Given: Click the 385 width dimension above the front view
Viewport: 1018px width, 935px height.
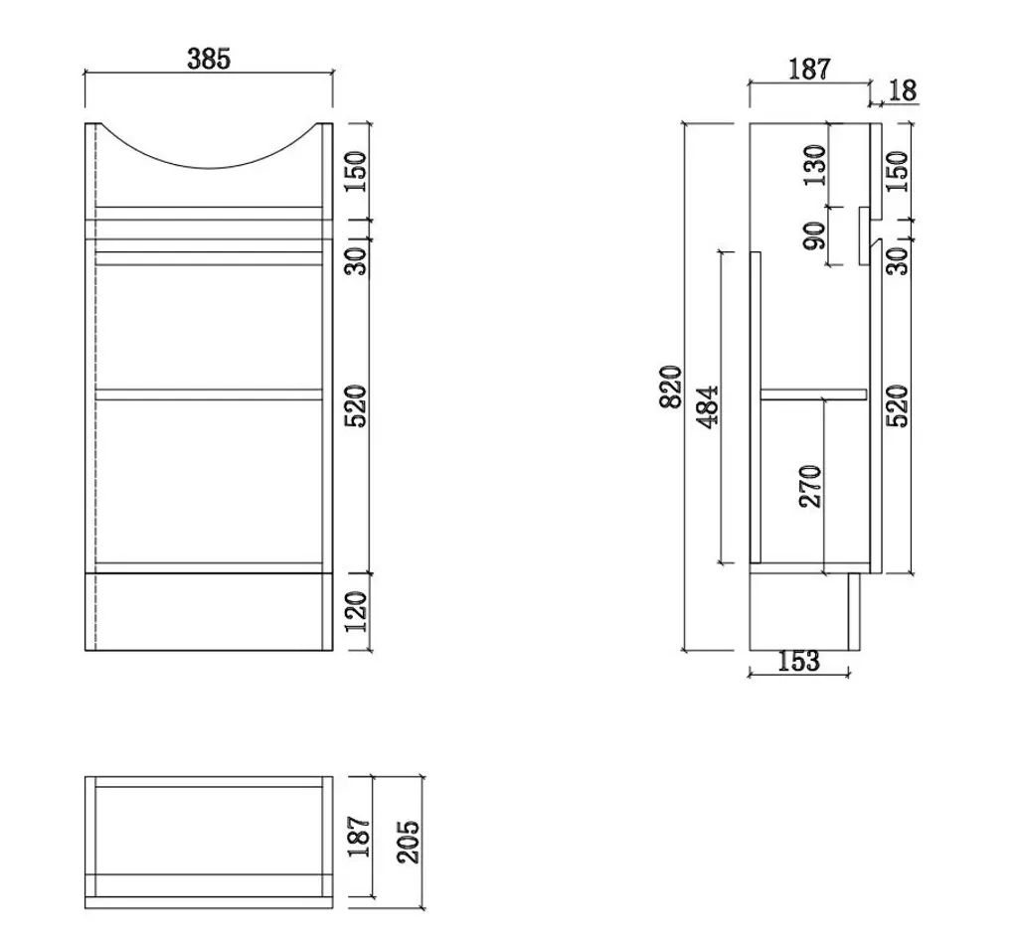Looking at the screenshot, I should (x=209, y=60).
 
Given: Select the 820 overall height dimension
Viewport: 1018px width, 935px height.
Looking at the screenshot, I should (x=673, y=386).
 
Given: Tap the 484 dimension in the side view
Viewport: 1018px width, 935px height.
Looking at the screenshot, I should (x=707, y=405).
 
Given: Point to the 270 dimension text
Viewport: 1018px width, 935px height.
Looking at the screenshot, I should (x=810, y=486).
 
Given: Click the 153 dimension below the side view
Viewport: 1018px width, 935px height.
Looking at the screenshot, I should (x=798, y=661).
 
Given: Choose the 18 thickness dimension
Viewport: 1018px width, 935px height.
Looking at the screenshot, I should (x=902, y=91).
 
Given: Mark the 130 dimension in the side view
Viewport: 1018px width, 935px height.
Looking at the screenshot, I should (x=814, y=166).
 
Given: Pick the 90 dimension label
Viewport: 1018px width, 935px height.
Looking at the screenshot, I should (x=814, y=236).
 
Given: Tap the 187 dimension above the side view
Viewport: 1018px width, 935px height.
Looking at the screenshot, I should (x=809, y=70).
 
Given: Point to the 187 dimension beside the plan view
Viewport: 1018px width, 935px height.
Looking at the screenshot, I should (x=359, y=837).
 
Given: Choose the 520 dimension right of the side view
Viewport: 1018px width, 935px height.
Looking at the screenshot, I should (x=898, y=405).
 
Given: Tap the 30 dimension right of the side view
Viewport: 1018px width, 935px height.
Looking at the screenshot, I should (x=898, y=260).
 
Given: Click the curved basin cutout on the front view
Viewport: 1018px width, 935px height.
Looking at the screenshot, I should (x=209, y=149).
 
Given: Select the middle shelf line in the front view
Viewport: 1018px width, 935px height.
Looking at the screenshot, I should (x=209, y=394).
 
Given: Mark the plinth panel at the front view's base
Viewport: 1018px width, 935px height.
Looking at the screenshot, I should (x=209, y=611).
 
